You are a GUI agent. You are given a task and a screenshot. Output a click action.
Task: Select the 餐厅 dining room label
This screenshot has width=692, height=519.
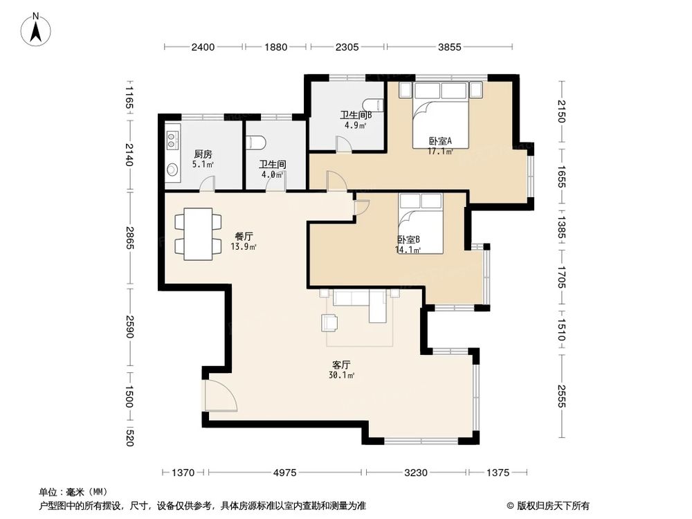tap(245, 235)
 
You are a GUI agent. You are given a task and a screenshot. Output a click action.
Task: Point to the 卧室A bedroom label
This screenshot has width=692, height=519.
tap(439, 141)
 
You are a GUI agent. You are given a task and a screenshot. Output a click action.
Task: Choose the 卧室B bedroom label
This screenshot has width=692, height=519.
tap(408, 239)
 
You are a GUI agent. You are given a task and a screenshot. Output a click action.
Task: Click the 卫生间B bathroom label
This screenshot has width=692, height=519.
tap(356, 116)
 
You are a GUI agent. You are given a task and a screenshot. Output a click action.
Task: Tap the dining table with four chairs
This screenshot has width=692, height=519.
tap(198, 233)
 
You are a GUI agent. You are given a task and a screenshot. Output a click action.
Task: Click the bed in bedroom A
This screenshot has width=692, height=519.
tap(441, 113)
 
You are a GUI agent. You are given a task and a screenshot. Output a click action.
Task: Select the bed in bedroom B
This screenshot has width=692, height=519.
tap(420, 222)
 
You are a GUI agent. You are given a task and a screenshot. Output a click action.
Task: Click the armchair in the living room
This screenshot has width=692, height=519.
tap(330, 322)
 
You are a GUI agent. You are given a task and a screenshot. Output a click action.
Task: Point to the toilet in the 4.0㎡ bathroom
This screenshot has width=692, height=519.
tap(257, 142)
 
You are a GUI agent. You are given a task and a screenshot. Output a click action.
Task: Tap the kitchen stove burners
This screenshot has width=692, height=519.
tap(172, 140)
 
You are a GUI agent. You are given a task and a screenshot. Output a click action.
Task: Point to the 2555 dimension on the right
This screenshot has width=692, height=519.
tap(561, 396)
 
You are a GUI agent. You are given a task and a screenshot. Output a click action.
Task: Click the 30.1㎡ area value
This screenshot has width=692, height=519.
tap(342, 376)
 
